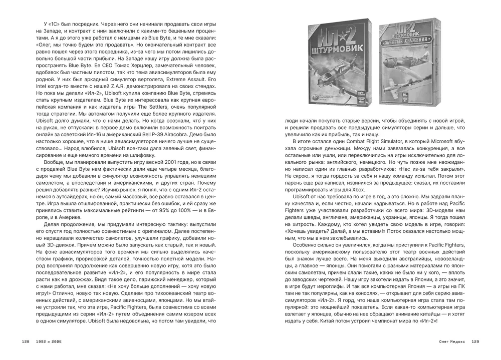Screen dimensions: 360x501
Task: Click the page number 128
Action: [26, 342]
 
